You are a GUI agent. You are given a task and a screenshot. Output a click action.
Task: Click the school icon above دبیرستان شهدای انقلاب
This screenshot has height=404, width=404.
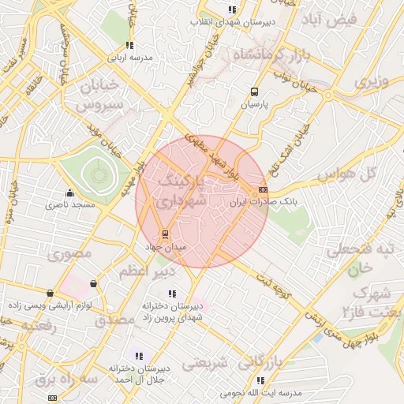[231, 9]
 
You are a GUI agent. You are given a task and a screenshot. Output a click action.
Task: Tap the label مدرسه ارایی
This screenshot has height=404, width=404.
[129, 58]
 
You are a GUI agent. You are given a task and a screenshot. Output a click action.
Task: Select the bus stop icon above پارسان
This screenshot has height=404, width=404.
[254, 91]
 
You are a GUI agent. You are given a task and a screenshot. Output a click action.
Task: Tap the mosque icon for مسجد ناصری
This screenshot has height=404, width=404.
[70, 192]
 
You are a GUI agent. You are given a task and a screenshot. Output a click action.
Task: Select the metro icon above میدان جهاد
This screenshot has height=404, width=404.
[164, 234]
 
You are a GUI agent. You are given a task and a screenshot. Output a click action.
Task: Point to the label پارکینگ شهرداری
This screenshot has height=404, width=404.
[182, 192]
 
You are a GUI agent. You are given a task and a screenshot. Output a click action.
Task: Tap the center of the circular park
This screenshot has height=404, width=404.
[96, 171]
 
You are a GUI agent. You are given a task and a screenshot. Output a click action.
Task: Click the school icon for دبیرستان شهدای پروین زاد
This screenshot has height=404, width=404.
[172, 294]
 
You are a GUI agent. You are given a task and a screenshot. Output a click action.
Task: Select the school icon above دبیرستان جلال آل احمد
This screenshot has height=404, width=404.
[140, 356]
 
